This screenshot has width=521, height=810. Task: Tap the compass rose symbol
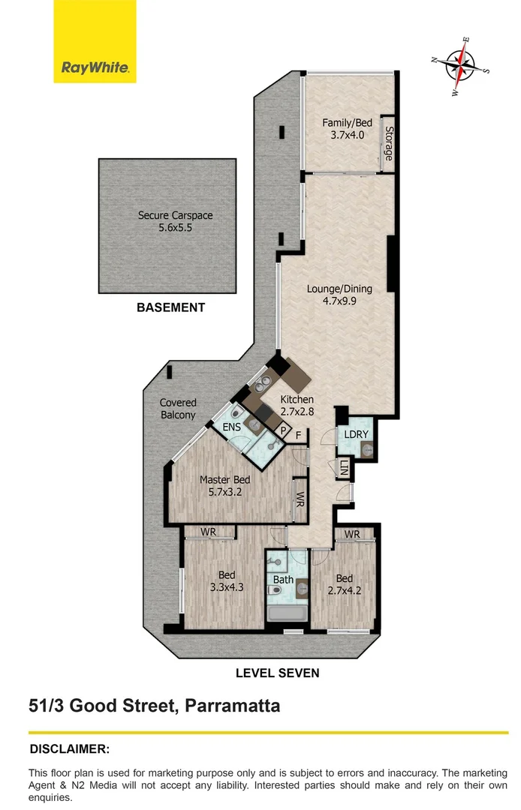point(460,64)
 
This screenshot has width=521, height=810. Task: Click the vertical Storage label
point(389,142)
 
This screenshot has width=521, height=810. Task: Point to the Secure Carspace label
point(175,215)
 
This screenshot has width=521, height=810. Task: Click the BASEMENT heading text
point(170,307)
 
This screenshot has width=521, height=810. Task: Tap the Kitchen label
point(297,400)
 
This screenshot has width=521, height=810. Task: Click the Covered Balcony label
point(178,409)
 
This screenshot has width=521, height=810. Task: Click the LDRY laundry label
point(354,435)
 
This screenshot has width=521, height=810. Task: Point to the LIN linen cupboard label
point(344,469)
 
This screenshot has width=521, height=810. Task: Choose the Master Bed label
point(224,480)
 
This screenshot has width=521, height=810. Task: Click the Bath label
point(283,579)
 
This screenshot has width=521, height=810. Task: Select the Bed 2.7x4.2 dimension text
point(345,590)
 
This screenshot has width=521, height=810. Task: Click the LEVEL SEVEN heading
point(277,673)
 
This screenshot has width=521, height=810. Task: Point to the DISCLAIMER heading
point(69,748)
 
